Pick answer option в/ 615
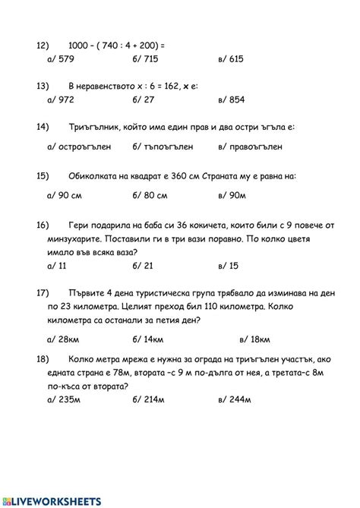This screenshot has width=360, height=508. pyautogui.click(x=229, y=58)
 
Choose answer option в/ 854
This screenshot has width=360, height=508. pyautogui.click(x=230, y=99)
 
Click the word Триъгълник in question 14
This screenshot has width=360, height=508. pyautogui.click(x=93, y=126)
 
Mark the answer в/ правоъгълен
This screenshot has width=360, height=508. pyautogui.click(x=250, y=146)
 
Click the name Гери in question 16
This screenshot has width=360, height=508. pyautogui.click(x=78, y=226)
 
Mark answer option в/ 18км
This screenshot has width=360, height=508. pyautogui.click(x=256, y=339)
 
